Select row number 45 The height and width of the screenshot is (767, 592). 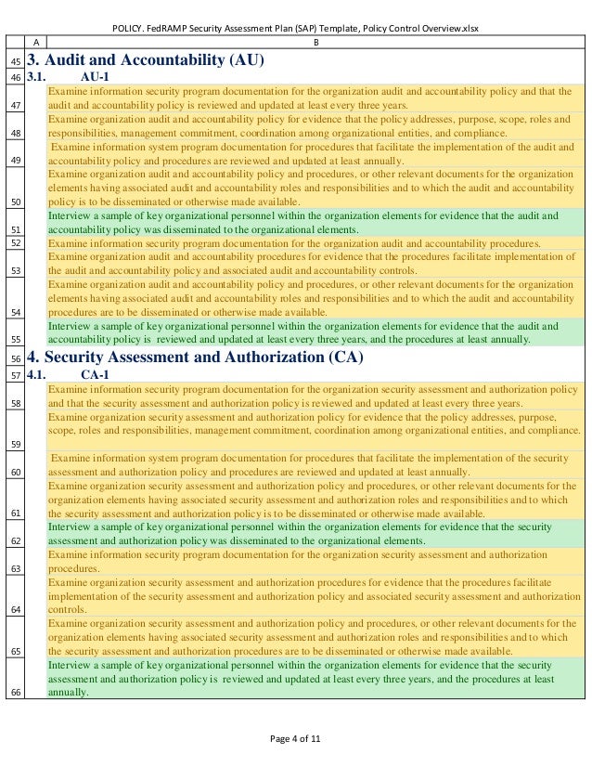(15, 60)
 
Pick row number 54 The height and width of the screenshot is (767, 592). (15, 314)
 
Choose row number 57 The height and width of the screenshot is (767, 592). (15, 374)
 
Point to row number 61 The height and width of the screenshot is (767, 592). (15, 513)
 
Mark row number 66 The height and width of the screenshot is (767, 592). (15, 690)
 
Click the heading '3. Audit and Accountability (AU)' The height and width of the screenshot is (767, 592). (147, 60)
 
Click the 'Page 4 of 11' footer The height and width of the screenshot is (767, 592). (295, 739)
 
